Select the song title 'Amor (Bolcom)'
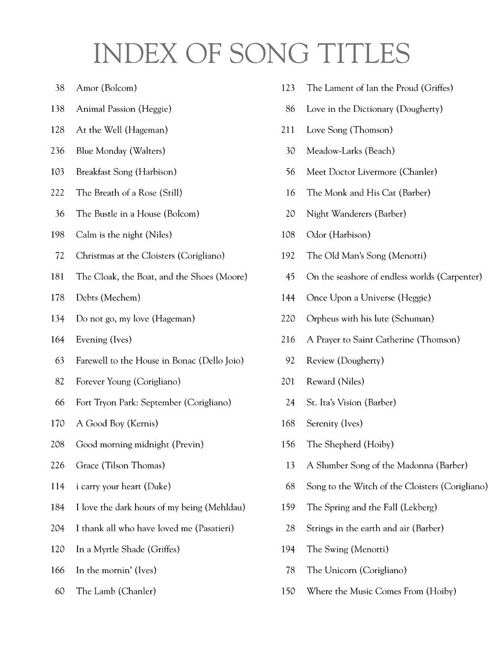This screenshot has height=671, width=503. tap(107, 88)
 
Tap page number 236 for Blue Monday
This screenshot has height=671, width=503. tap(58, 151)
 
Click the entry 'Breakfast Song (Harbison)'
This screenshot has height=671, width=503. tap(126, 172)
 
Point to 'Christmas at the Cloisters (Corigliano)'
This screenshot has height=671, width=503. tap(150, 256)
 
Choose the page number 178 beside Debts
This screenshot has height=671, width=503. tap(58, 298)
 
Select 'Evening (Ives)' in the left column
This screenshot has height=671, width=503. tap(104, 340)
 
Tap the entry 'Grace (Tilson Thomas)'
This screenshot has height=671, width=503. tap(121, 465)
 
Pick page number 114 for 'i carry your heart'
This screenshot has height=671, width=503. tap(58, 486)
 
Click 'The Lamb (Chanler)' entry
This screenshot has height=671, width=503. tap(116, 591)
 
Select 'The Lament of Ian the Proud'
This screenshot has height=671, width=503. tap(380, 88)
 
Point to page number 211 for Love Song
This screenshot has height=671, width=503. tap(288, 130)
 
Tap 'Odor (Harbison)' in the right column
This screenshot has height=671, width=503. tap(338, 235)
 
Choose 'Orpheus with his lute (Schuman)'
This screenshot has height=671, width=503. tap(370, 319)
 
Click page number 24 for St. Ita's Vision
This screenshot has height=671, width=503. tap(291, 402)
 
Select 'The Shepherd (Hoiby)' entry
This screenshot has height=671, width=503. tap(350, 444)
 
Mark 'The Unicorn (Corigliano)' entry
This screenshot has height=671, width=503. tap(356, 570)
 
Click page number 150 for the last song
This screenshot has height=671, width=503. tap(288, 591)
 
